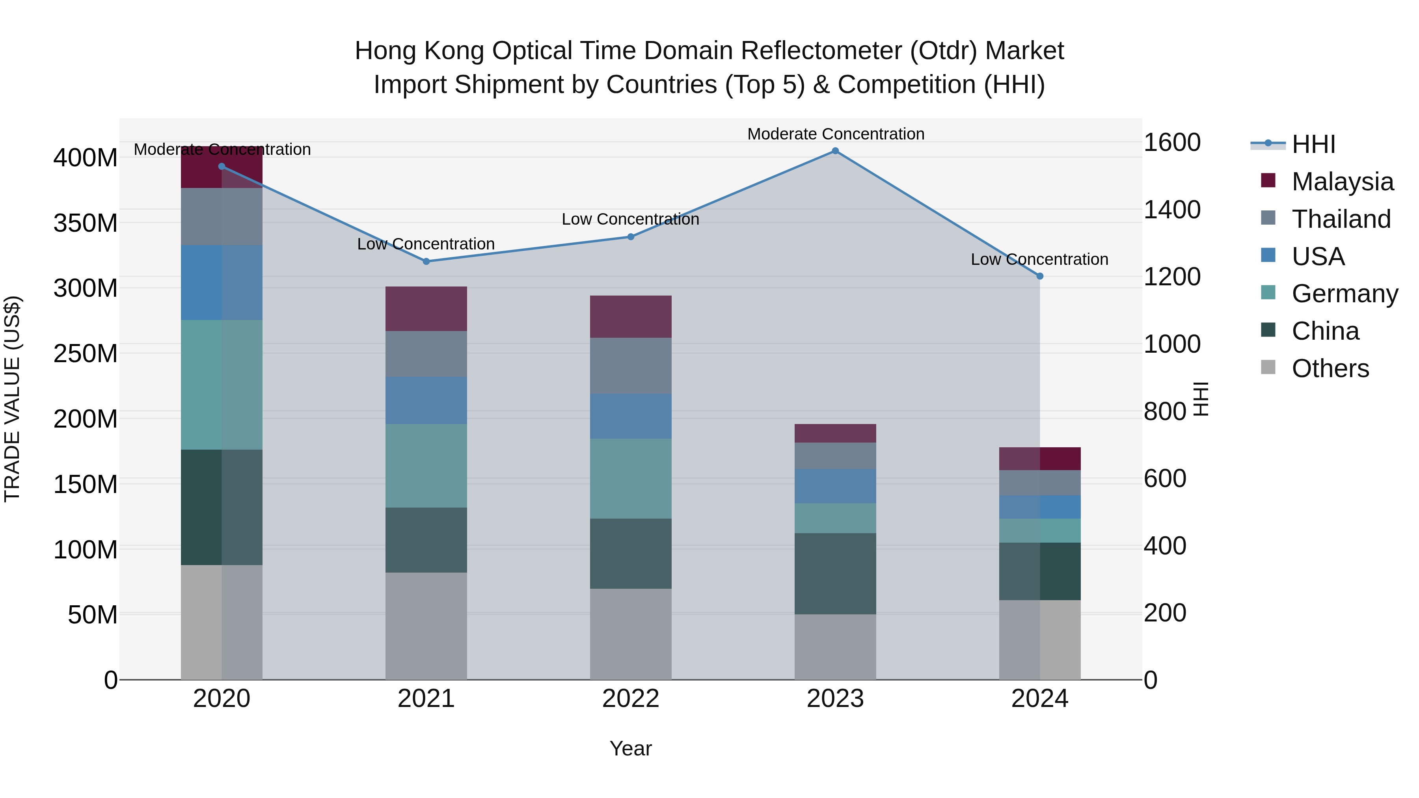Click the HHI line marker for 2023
pyautogui.click(x=835, y=151)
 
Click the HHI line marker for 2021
pyautogui.click(x=426, y=262)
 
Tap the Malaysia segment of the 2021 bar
pyautogui.click(x=426, y=309)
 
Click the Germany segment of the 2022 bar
pyautogui.click(x=631, y=478)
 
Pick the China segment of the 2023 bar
pyautogui.click(x=835, y=573)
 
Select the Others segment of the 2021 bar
pyautogui.click(x=426, y=626)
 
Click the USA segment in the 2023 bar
pyautogui.click(x=835, y=486)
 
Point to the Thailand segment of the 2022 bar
pyautogui.click(x=631, y=365)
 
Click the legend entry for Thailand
pyautogui.click(x=1341, y=219)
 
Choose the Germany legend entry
pyautogui.click(x=1344, y=294)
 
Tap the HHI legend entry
pyautogui.click(x=1313, y=144)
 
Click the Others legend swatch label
pyautogui.click(x=1330, y=368)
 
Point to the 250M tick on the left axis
pyautogui.click(x=86, y=353)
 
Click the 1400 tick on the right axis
pyautogui.click(x=1172, y=210)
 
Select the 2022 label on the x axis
pyautogui.click(x=631, y=699)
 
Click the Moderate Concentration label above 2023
pyautogui.click(x=836, y=134)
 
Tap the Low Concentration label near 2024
pyautogui.click(x=1039, y=259)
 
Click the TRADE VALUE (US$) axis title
pyautogui.click(x=12, y=399)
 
